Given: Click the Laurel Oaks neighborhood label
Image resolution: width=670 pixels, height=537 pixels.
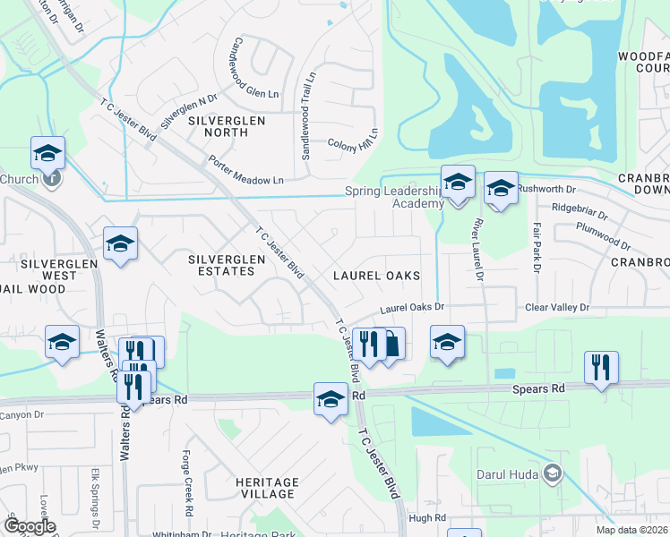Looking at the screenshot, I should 376,276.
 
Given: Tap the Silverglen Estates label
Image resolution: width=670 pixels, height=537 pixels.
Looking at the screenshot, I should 227,265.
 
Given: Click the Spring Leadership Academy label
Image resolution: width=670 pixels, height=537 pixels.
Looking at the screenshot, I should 394,197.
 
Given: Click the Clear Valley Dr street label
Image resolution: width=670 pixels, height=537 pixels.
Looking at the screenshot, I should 557,307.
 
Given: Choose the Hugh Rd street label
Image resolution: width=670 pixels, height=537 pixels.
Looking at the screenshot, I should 426,518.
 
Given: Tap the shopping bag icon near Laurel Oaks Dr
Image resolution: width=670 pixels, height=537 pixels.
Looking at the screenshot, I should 391,343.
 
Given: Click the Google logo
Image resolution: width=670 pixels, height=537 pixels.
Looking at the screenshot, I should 30,526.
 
